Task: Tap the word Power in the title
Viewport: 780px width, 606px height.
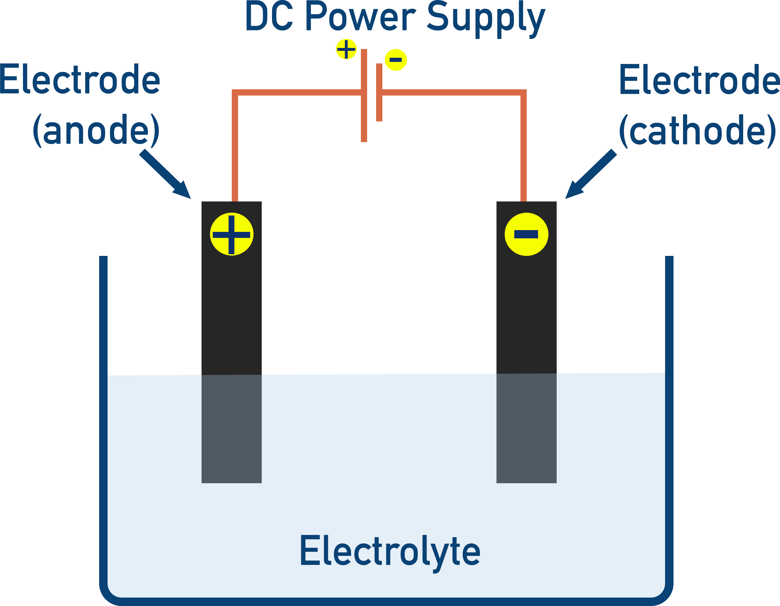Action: pos(361,17)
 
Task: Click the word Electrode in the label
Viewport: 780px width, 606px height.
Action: pos(80,79)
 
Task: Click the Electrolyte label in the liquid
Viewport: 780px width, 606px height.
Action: pos(390,552)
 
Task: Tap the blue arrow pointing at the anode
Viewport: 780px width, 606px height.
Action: pos(165,174)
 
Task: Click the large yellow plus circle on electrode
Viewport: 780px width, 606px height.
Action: pos(231,234)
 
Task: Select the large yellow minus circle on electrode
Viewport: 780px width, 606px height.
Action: pos(526,234)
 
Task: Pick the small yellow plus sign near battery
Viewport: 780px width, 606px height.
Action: pos(346,49)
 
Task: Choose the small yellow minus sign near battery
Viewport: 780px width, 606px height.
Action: pos(396,60)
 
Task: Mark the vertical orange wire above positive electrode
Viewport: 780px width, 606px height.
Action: pos(235,150)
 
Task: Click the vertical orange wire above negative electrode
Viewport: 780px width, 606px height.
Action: pos(523,150)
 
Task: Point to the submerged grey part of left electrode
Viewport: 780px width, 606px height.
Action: pos(231,429)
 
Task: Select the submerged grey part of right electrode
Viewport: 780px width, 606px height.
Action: pos(526,429)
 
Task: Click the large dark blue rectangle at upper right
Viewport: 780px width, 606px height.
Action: pos(668,139)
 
